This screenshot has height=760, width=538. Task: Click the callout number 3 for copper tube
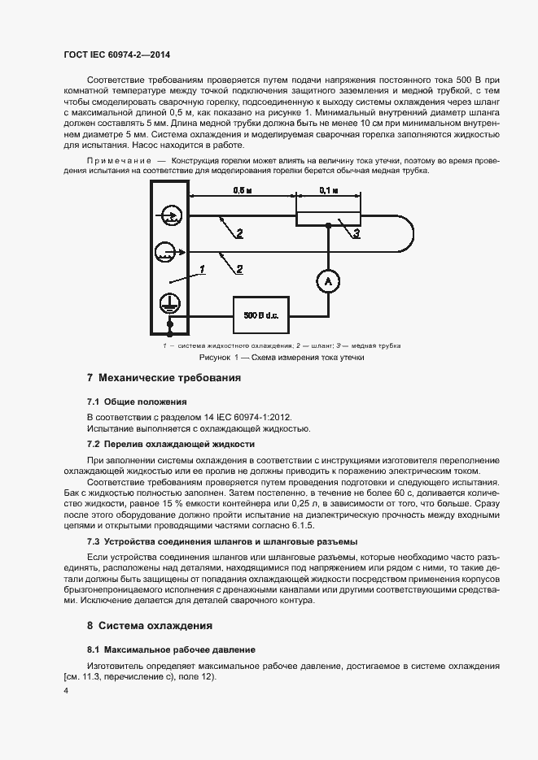click(355, 234)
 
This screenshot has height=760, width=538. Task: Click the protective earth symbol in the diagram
click(169, 302)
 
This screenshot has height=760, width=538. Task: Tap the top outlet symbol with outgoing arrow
click(169, 215)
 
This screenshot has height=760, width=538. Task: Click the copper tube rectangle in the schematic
click(327, 217)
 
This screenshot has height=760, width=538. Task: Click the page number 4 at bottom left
click(66, 690)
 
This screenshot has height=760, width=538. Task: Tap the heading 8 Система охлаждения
click(150, 626)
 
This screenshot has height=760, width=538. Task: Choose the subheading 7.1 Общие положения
click(137, 402)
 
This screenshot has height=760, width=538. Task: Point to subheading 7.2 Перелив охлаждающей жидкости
click(170, 445)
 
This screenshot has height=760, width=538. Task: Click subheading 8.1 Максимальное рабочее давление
click(171, 649)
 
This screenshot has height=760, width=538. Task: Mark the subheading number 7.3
click(95, 541)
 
